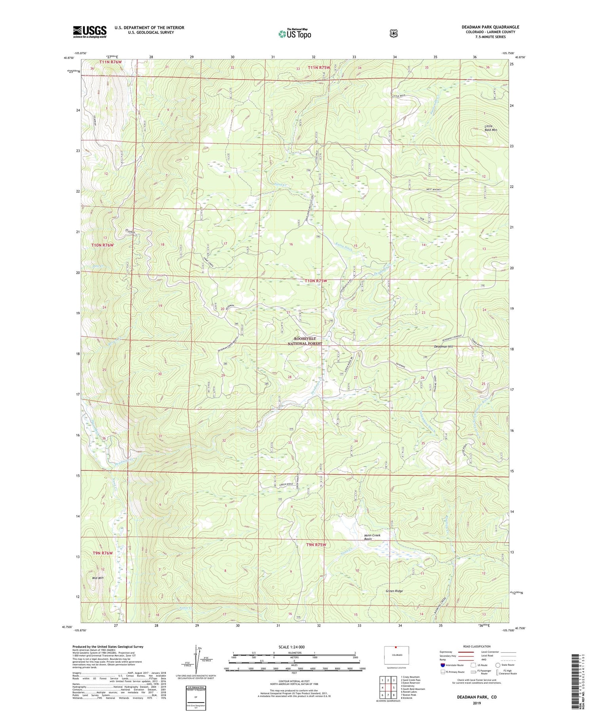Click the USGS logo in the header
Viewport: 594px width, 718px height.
coord(89,32)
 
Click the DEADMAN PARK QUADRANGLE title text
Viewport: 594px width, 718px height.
coord(490,27)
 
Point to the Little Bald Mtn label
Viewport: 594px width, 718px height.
coord(491,128)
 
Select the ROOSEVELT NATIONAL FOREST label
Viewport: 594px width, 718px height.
coord(305,341)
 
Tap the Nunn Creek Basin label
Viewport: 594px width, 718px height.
coord(372,537)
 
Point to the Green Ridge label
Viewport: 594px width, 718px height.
coord(394,591)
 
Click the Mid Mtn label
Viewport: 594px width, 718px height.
coord(97,578)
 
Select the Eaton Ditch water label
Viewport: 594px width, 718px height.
coord(344,246)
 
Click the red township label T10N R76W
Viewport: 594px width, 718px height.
coord(102,245)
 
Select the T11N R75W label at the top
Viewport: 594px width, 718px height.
coord(319,68)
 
